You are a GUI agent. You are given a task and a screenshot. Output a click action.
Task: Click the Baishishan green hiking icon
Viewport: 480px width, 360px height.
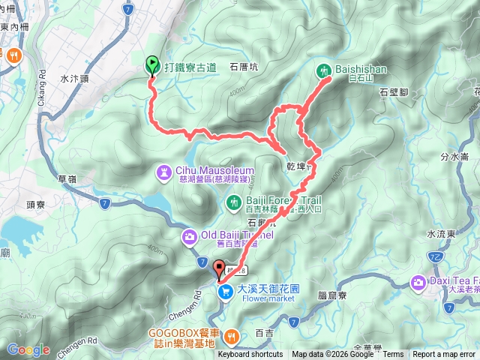pyautogui.click(x=325, y=70)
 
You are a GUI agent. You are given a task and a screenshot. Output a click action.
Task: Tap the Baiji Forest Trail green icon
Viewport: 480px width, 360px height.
pyautogui.click(x=234, y=202)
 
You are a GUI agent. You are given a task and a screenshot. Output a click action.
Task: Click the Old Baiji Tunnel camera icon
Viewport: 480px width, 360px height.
pyautogui.click(x=190, y=238)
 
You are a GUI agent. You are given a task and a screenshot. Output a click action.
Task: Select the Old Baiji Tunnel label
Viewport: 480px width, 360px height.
pyautogui.click(x=234, y=235)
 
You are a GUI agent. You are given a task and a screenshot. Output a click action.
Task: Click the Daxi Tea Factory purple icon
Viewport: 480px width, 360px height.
pyautogui.click(x=418, y=283)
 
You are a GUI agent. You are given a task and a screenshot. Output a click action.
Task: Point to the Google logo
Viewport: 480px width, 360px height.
pyautogui.click(x=28, y=349)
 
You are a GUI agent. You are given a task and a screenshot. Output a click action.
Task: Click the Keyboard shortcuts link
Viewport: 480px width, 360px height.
pyautogui.click(x=251, y=355)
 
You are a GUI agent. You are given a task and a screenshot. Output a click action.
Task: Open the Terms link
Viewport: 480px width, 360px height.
pyautogui.click(x=392, y=355)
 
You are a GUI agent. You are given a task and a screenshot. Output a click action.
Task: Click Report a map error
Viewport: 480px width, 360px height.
pyautogui.click(x=444, y=355)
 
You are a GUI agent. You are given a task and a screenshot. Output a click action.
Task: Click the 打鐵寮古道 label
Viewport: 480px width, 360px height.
pyautogui.click(x=190, y=67)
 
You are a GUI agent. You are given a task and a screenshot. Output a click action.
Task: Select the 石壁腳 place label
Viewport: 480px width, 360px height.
pyautogui.click(x=393, y=91)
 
